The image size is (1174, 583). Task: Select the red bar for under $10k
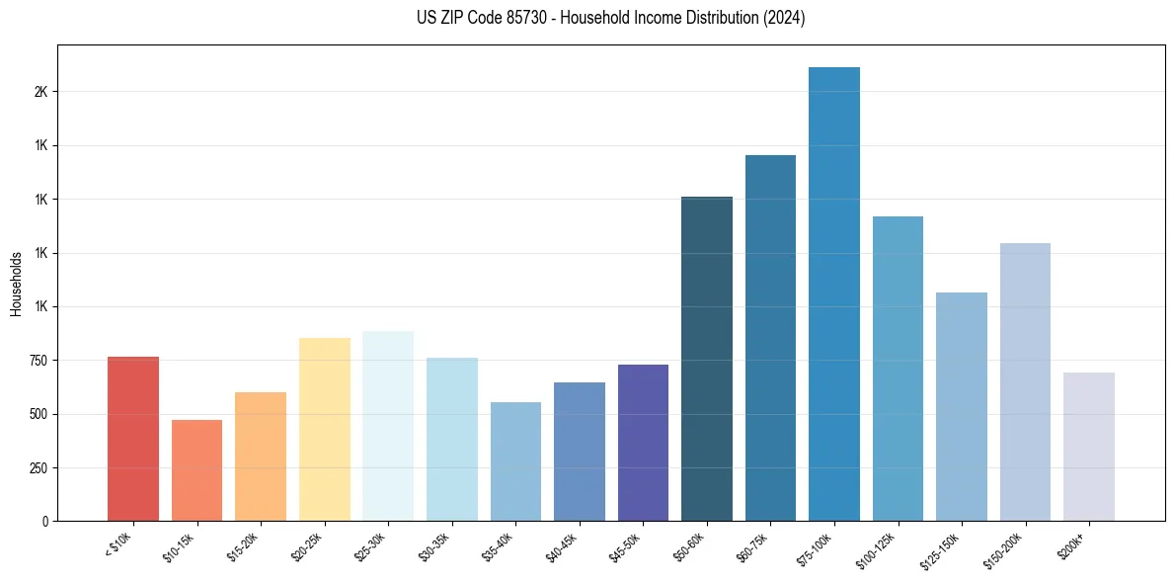[133, 439]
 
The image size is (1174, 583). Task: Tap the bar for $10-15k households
[196, 470]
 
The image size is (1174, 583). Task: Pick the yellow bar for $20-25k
[325, 429]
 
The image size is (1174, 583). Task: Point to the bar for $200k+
[1089, 447]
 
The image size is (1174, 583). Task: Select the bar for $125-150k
[962, 406]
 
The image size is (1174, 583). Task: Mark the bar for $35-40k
[515, 461]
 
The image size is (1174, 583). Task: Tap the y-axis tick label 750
[38, 361]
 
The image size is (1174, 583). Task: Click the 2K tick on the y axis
[40, 92]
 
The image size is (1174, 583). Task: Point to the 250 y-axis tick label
[38, 468]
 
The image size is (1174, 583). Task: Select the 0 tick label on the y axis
[45, 522]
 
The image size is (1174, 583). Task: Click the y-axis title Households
[16, 284]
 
